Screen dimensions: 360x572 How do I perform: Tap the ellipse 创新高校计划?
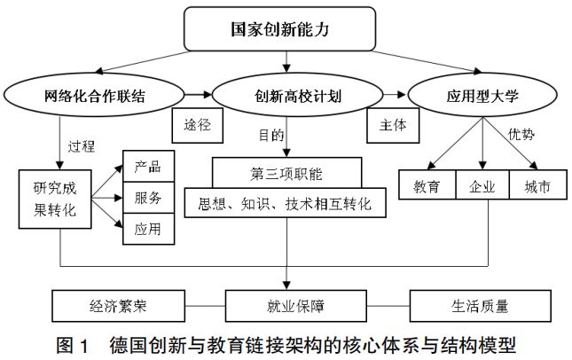[286, 94]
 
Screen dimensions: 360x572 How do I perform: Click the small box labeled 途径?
[198, 124]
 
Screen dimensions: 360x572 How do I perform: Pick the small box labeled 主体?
[388, 124]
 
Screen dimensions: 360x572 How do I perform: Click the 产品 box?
[147, 167]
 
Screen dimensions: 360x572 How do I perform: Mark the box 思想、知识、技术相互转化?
[286, 204]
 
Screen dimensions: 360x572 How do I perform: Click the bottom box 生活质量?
[476, 308]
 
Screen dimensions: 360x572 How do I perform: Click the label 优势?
[521, 134]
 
